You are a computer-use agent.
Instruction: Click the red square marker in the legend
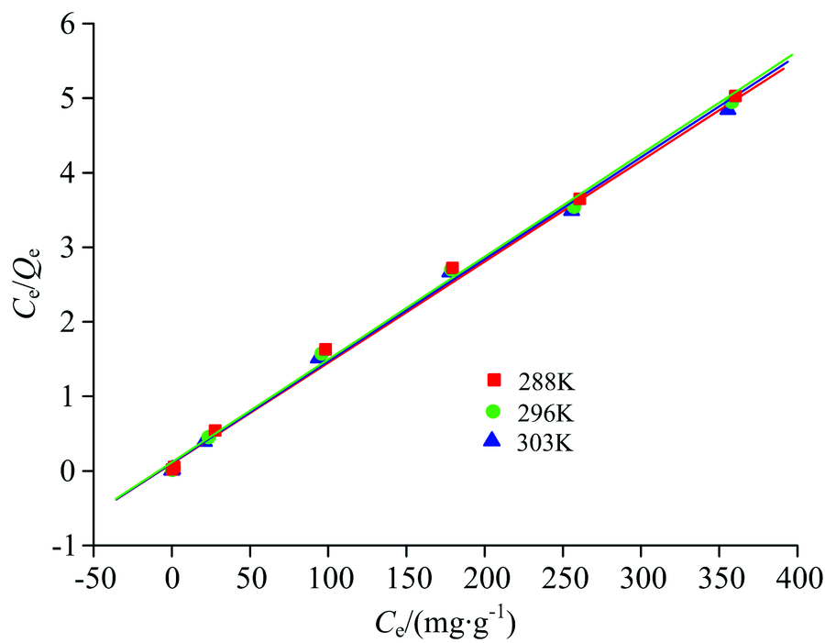click(x=494, y=380)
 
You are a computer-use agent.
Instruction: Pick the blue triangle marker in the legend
click(x=491, y=440)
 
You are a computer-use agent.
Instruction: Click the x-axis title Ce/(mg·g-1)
click(x=444, y=622)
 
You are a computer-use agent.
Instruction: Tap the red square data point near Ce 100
click(x=325, y=349)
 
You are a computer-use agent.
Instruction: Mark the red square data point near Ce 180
click(x=452, y=268)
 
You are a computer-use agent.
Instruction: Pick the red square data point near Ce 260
click(x=579, y=198)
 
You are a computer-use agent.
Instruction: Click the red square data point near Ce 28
click(x=215, y=430)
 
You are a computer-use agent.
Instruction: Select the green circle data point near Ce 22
click(x=207, y=438)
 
